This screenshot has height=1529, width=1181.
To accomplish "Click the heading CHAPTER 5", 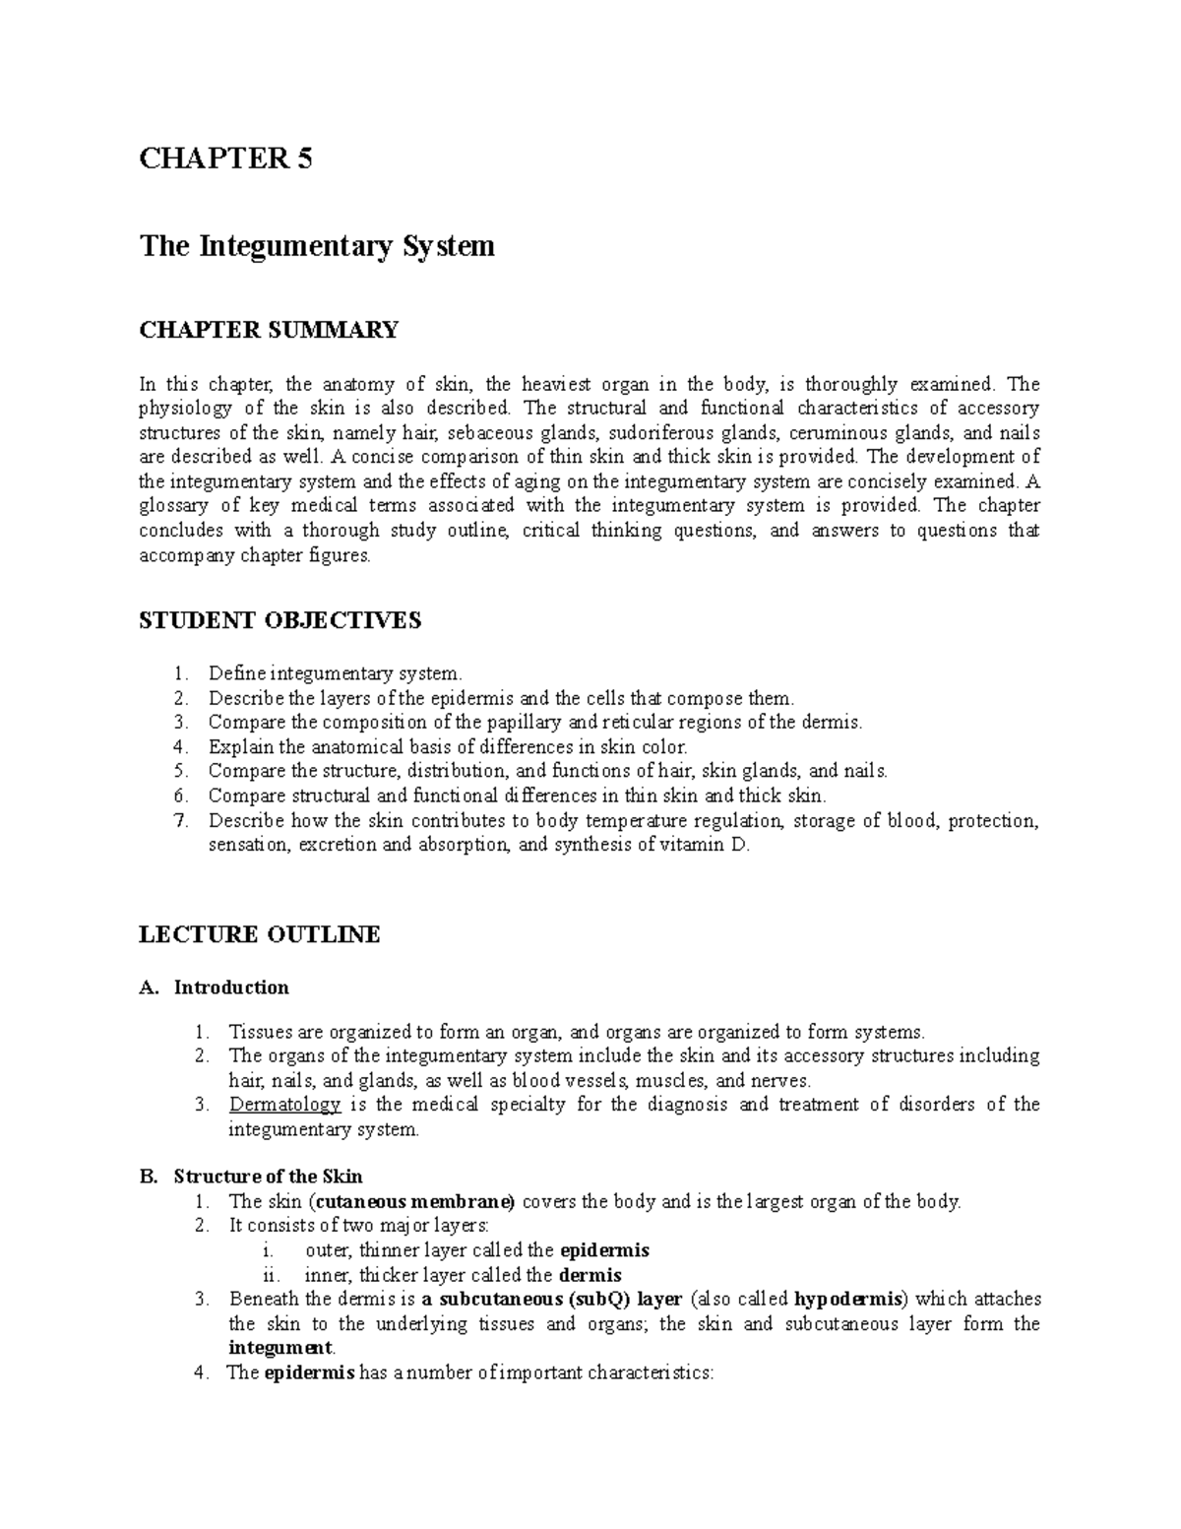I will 225,159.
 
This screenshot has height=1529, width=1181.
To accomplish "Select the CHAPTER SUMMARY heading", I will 269,330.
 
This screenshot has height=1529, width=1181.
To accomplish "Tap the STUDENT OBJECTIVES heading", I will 280,620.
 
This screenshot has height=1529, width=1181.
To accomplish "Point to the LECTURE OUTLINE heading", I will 260,934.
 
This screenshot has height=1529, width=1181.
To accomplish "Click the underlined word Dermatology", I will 284,1105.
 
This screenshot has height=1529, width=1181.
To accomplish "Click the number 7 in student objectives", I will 178,821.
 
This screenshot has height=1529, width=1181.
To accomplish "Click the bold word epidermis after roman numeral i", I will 604,1251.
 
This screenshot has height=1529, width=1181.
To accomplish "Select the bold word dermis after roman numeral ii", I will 590,1276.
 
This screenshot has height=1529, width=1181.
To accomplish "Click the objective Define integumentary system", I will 335,674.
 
